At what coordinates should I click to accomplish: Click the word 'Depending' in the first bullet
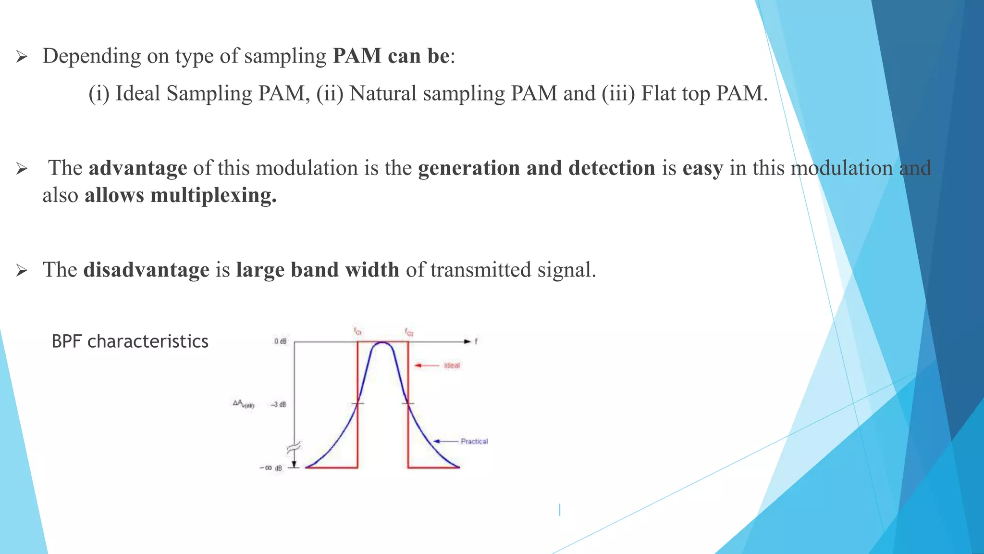click(91, 57)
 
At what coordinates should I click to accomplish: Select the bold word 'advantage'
click(138, 168)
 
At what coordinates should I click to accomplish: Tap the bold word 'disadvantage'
click(146, 270)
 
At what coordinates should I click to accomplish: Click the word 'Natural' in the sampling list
click(382, 93)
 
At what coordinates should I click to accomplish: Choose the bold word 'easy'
click(702, 168)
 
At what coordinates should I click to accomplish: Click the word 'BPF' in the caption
click(67, 341)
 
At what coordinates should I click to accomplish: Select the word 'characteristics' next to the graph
click(148, 341)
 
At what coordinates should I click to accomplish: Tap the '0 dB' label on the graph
click(280, 341)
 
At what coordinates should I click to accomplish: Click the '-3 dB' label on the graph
click(278, 404)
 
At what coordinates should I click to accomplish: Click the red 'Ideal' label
click(452, 365)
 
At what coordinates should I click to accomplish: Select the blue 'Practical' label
click(474, 441)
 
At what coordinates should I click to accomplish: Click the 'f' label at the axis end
click(476, 341)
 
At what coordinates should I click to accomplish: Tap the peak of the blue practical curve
click(382, 343)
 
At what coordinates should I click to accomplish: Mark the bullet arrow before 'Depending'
click(21, 58)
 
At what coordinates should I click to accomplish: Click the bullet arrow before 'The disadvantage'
click(21, 271)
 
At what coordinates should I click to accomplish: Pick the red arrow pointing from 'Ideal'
click(426, 365)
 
